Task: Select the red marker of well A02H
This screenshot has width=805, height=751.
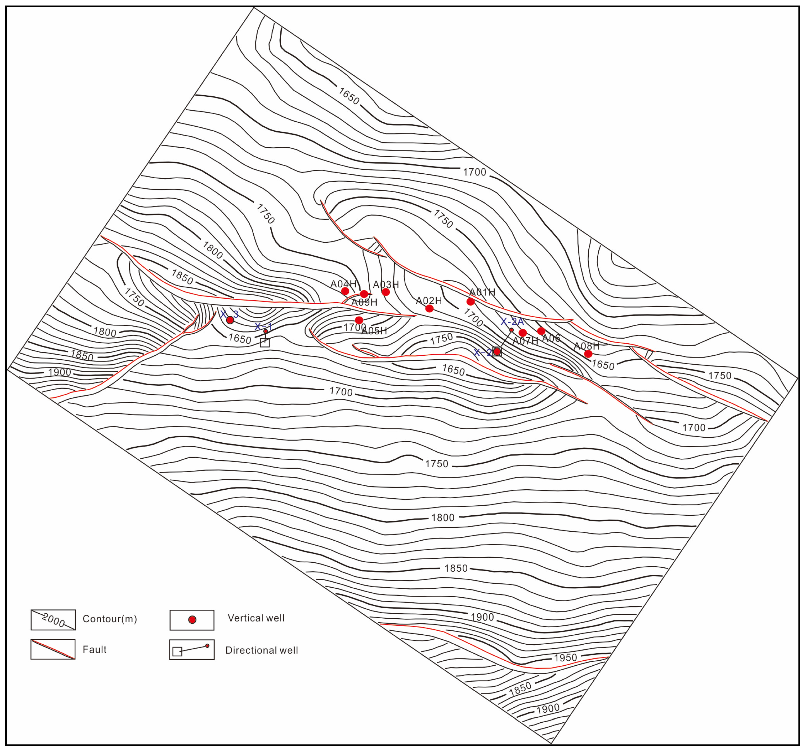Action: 429,309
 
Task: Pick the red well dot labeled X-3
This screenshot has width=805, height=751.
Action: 230,320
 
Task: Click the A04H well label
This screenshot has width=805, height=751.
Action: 343,284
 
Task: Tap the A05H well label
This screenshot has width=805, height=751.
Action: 374,331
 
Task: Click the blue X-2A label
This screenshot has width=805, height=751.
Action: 512,322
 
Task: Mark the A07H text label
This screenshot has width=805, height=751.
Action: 525,341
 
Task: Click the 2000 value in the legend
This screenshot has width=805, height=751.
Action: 53,620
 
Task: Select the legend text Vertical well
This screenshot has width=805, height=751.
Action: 256,618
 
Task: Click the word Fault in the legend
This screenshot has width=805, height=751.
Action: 94,649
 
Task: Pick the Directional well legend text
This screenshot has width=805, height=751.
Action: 262,650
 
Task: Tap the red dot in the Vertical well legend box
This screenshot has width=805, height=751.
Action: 192,620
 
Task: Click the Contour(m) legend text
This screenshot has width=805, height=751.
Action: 110,619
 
